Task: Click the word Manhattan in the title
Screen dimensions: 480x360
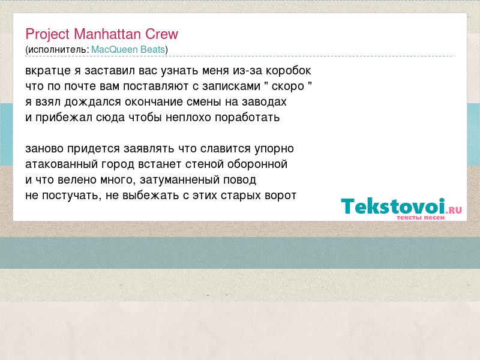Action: (107, 34)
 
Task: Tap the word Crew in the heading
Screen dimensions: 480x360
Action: (161, 34)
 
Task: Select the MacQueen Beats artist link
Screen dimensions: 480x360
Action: (128, 50)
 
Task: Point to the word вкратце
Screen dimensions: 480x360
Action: (48, 71)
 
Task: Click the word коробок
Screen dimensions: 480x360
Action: (288, 71)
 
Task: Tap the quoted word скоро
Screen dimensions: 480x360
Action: (288, 86)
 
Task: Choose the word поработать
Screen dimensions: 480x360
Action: (247, 118)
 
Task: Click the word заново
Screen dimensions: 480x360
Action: (44, 149)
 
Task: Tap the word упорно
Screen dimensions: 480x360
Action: (274, 149)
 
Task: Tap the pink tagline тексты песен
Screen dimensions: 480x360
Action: (421, 217)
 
